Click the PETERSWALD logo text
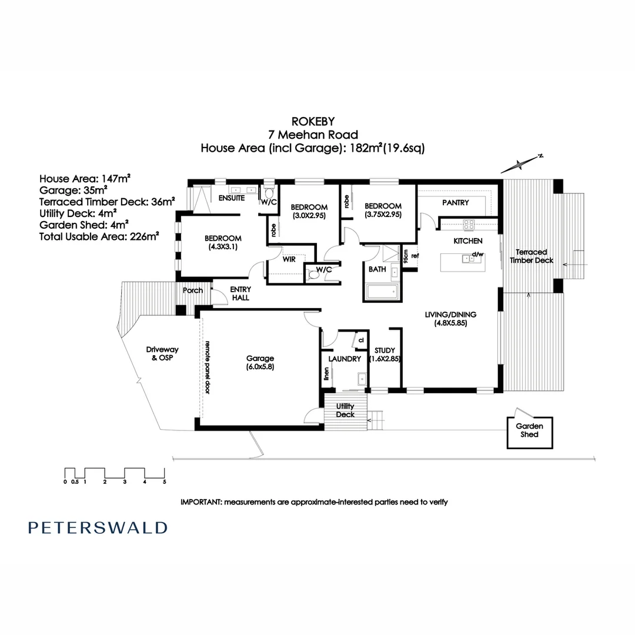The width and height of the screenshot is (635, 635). (x=98, y=527)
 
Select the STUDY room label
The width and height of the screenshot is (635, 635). (x=385, y=355)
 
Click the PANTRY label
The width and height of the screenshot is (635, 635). (x=455, y=203)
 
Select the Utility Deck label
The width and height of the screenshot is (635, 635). (x=345, y=410)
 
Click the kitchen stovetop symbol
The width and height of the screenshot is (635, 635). (x=469, y=224)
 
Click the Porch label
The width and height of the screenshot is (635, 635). (x=193, y=290)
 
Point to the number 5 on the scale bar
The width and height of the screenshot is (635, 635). (x=165, y=482)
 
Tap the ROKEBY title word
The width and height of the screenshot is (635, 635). (x=313, y=121)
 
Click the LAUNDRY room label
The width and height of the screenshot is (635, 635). (x=344, y=359)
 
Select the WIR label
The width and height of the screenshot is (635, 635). (x=288, y=258)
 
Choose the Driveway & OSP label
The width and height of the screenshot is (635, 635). (x=162, y=353)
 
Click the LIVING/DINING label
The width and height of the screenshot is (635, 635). (x=450, y=318)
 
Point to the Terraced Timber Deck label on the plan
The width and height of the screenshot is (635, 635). (x=531, y=256)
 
